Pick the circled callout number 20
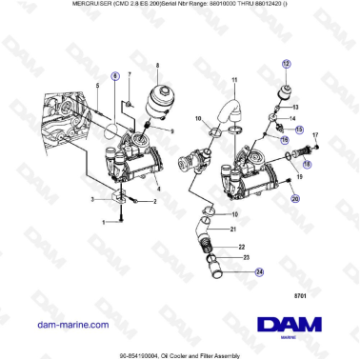click(295, 198)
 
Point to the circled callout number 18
click(293, 163)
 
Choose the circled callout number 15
click(299, 129)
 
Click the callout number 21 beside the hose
click(233, 230)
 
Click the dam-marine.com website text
click(71, 325)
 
